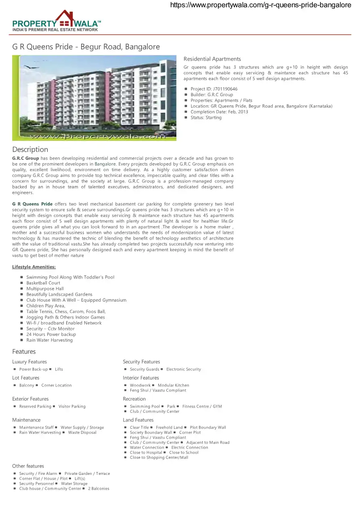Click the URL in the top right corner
(x=260, y=5)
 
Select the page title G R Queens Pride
(x=86, y=47)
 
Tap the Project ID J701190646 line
(x=214, y=89)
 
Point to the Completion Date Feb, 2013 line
(x=219, y=112)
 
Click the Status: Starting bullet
(x=206, y=118)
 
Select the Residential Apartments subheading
(x=212, y=59)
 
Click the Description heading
(x=30, y=149)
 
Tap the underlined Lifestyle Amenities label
(x=34, y=267)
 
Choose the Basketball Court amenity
(x=43, y=283)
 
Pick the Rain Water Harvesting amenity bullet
(x=49, y=340)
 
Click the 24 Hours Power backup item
(x=51, y=334)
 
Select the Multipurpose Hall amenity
(x=45, y=289)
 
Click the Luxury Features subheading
(x=29, y=362)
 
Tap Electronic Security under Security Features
(x=183, y=369)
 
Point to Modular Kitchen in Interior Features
(x=173, y=386)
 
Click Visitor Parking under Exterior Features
(x=72, y=407)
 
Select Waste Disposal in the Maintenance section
(x=82, y=432)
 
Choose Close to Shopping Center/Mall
(x=159, y=458)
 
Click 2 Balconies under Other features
(x=98, y=489)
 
